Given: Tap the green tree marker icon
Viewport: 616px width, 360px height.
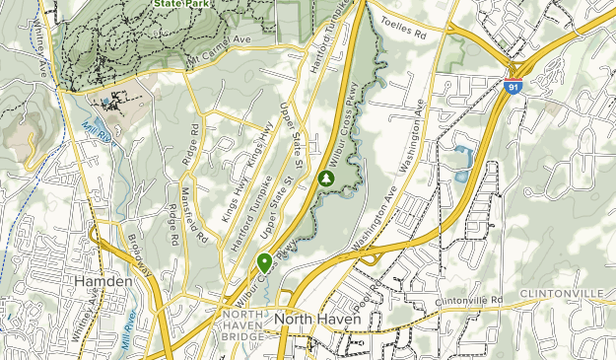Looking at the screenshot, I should tap(324, 180).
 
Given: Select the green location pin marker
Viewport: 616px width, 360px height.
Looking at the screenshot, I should tap(265, 262).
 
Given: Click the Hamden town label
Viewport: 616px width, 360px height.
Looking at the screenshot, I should tap(103, 282).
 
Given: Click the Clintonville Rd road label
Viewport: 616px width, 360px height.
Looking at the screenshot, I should tap(470, 300).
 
